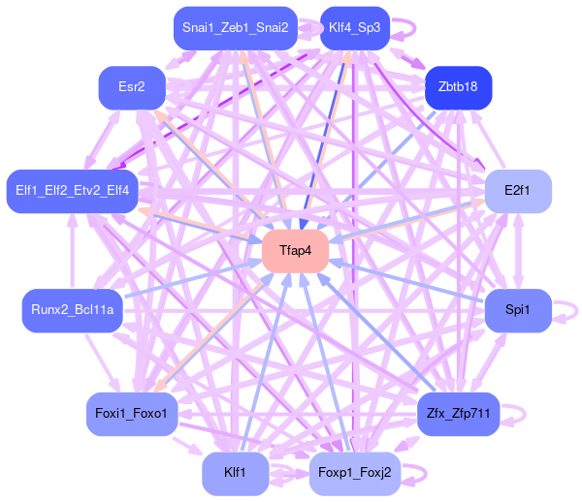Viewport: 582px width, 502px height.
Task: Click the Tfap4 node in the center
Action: pyautogui.click(x=295, y=251)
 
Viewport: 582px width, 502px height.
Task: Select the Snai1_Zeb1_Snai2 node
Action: pyautogui.click(x=235, y=27)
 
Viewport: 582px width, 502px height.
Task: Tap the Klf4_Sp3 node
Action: pyautogui.click(x=354, y=27)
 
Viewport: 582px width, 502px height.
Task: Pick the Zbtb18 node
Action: pyautogui.click(x=458, y=86)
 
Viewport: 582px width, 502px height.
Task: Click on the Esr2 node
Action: pyautogui.click(x=131, y=88)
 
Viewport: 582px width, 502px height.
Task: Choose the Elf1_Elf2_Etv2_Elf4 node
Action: pyautogui.click(x=72, y=189)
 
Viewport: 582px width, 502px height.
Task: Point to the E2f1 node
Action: pyautogui.click(x=518, y=190)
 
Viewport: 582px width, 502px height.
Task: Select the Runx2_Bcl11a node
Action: pyautogui.click(x=72, y=310)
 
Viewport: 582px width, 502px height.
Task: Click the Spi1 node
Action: pyautogui.click(x=518, y=310)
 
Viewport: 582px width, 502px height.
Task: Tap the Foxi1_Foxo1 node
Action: pyautogui.click(x=131, y=414)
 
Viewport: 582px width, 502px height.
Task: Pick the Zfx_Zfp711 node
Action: pyautogui.click(x=457, y=414)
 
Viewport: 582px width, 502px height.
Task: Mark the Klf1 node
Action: pyautogui.click(x=235, y=473)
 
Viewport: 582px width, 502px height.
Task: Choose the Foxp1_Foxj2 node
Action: pyautogui.click(x=354, y=473)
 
